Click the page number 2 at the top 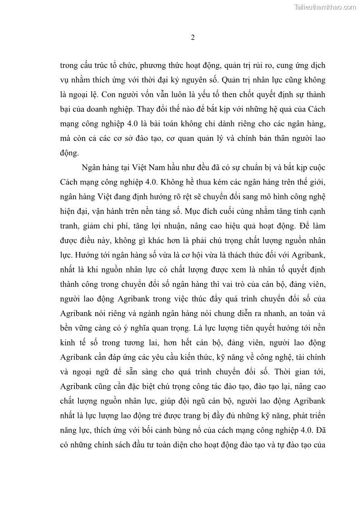pos(193,38)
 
